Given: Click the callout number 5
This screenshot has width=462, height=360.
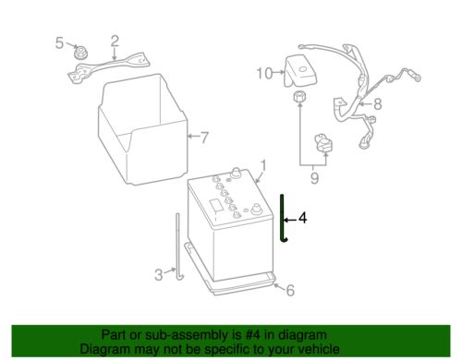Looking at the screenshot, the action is point(59,42).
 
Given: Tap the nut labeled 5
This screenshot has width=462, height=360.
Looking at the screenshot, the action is point(81,52).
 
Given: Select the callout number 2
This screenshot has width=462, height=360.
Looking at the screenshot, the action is point(115,41).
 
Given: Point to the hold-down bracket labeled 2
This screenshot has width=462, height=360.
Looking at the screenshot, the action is point(109,67).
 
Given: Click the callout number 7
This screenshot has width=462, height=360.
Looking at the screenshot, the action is point(204,138).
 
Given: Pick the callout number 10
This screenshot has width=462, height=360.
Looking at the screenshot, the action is point(265,74).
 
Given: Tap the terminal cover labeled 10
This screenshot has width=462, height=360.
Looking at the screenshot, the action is point(300,71).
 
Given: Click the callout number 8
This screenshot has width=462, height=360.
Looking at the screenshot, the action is point(378,104).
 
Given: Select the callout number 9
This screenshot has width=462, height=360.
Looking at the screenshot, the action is point(314,178).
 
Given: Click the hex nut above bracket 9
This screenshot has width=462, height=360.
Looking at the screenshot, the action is point(299,97).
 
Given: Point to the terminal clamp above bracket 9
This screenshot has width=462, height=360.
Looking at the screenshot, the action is point(323,143).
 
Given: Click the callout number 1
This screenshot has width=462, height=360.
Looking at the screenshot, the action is point(263,165).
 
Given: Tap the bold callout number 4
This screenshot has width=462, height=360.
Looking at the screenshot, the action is point(303,218).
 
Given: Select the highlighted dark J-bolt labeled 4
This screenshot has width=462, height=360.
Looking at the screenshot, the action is point(282,217).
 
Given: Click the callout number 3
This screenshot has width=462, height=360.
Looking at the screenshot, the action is point(159,275).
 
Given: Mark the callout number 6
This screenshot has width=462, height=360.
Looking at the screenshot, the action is point(290,290).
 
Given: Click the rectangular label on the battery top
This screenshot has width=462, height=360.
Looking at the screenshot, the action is point(215,206).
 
